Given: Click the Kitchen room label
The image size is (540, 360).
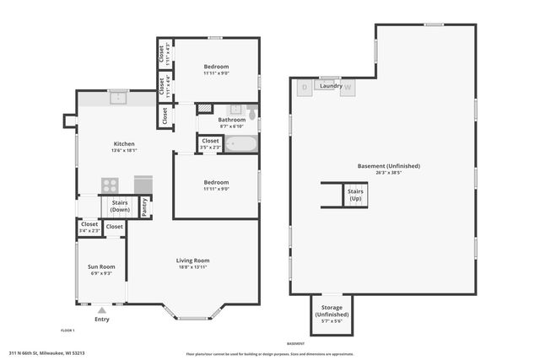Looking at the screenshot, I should (x=124, y=145).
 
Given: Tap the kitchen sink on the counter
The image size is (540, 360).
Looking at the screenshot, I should (x=118, y=98).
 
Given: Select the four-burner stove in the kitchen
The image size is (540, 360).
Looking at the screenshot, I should (x=111, y=185).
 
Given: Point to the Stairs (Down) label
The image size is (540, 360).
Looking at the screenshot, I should (x=119, y=207).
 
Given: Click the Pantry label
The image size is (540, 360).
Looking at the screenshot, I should (x=144, y=207).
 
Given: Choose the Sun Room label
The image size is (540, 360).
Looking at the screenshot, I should (x=101, y=267).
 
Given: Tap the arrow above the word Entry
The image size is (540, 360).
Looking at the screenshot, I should (x=101, y=309).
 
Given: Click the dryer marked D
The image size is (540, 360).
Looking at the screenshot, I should (x=305, y=86).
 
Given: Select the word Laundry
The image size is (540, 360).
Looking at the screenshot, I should (x=329, y=85).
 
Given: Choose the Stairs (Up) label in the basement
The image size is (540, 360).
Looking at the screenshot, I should (x=355, y=195).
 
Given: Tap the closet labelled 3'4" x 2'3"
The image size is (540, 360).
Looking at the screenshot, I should (x=89, y=227).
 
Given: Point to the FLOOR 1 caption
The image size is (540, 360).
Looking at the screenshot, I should (x=67, y=330).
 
